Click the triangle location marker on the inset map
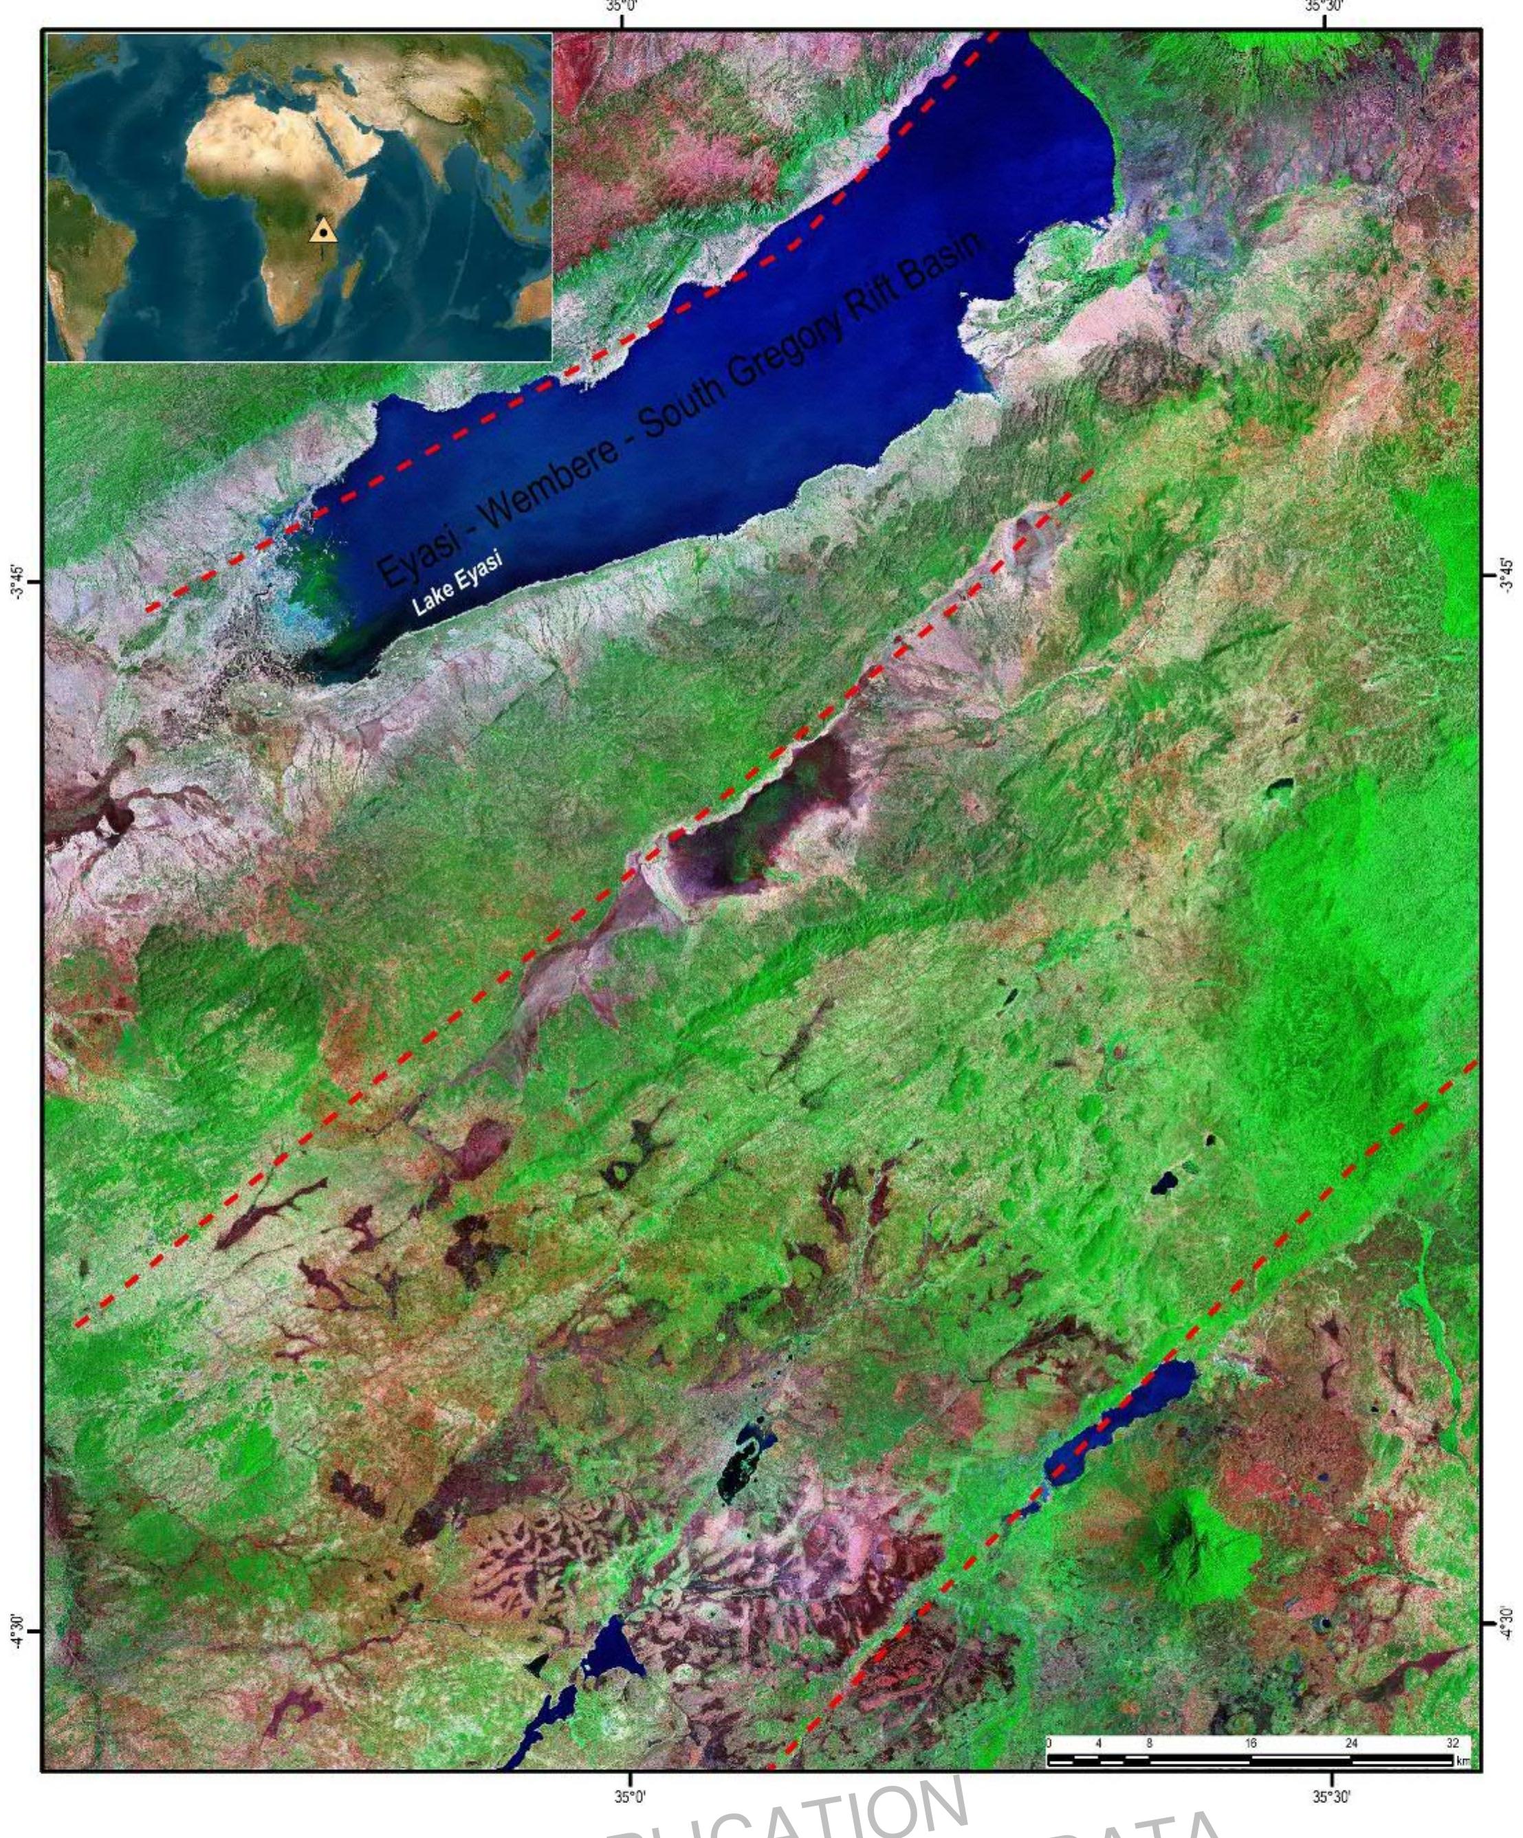tap(323, 230)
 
